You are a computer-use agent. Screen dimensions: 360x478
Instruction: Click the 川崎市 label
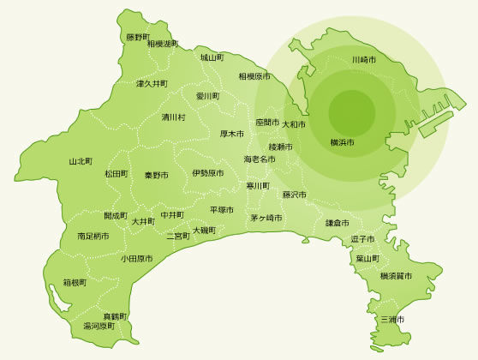[x=364, y=60]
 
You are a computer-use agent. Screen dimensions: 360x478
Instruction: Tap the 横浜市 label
[x=342, y=141]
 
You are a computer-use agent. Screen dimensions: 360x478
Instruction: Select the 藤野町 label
[x=138, y=37]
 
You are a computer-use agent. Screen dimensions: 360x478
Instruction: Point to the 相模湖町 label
[x=163, y=44]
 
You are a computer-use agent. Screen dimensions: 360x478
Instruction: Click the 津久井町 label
[x=152, y=84]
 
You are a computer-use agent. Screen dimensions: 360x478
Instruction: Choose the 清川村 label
[x=173, y=117]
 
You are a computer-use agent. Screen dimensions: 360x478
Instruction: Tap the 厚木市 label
[x=232, y=134]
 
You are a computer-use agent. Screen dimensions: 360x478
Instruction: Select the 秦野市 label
[x=156, y=175]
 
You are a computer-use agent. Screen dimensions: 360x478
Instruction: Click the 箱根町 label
[x=75, y=282]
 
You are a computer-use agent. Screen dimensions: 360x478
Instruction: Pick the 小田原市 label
[x=136, y=258]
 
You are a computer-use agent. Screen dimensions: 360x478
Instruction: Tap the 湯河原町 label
[x=99, y=327]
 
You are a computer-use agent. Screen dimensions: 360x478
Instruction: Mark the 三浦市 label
[x=391, y=319]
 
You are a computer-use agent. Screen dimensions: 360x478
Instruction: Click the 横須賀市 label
[x=396, y=276]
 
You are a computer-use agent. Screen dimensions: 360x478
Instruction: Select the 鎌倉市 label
[x=338, y=223]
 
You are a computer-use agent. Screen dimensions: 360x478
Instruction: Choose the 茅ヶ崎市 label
[x=266, y=218]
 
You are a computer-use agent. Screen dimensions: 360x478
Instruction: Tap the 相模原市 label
[x=254, y=76]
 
